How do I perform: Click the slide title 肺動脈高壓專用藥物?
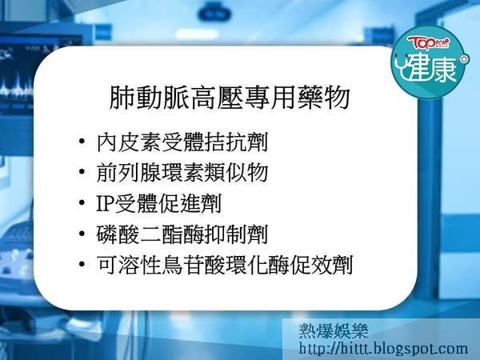coord(230,98)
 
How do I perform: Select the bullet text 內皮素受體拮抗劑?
coord(182,142)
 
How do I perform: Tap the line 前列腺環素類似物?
coord(182,173)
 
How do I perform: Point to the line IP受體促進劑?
coord(158,203)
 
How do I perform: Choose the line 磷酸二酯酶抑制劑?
coord(182,234)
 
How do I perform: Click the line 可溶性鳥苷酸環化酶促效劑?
coord(225,265)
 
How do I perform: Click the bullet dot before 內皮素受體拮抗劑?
coord(82,142)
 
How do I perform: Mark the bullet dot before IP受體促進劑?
coord(82,202)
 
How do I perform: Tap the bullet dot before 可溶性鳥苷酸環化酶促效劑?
coord(82,264)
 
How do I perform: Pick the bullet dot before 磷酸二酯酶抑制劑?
coord(82,234)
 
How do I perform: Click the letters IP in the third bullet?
coord(105,203)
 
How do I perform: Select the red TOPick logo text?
coord(428,43)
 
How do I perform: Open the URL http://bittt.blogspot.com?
coord(383,349)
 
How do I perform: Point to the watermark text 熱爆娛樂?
coord(334,330)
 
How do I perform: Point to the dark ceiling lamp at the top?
coord(215,13)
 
